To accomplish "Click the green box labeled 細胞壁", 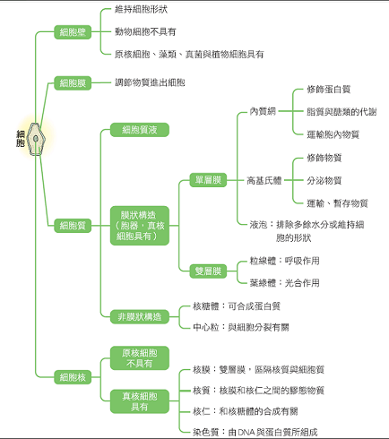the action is coord(73,32).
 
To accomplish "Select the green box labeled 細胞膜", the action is coord(73,82).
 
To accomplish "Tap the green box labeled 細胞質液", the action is coord(140,130).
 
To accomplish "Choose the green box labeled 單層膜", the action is coord(208,180).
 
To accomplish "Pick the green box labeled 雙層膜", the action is coord(208,271).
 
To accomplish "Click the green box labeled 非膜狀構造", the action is coord(140,316).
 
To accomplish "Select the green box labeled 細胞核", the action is coord(73,377).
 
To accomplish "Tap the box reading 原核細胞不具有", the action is coord(140,358).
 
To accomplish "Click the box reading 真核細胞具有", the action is coord(140,401).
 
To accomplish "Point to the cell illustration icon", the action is coord(36,139).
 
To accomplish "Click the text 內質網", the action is coord(263,111).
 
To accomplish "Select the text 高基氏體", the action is coord(264,180).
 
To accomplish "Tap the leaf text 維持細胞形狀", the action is coord(141,9).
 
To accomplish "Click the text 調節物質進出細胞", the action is coord(150,82).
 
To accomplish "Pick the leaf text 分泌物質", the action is coord(324,180).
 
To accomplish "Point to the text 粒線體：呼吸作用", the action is coord(284,261).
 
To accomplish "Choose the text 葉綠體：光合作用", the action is coord(284,282).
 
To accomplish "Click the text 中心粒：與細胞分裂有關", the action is coord(241,327).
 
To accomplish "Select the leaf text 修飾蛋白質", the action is coord(329,89).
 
